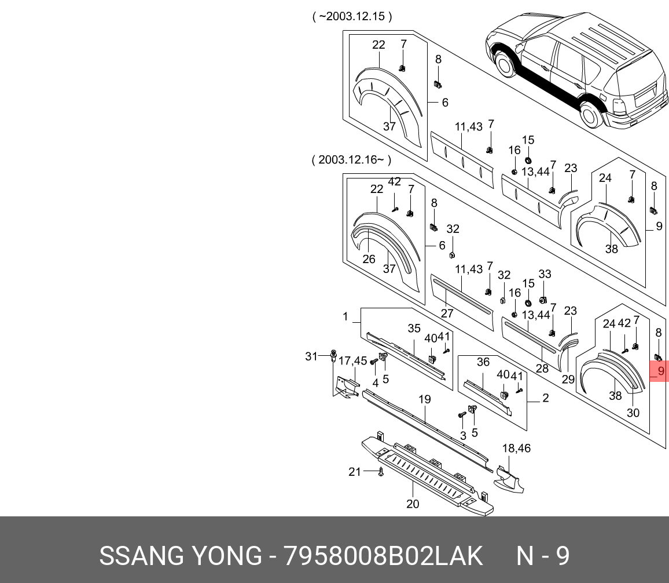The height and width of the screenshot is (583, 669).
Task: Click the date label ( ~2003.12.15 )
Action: point(352,17)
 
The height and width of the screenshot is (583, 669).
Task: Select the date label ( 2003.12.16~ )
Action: point(351,160)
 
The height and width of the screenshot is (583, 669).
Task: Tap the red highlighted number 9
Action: point(659,371)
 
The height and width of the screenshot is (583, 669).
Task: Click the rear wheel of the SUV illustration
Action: point(590,115)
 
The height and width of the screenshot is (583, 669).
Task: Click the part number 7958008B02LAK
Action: point(383,556)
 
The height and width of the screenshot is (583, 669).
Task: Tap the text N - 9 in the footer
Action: point(543,556)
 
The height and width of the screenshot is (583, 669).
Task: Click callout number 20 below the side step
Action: point(413,504)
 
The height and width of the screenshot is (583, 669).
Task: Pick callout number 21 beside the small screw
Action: point(355,472)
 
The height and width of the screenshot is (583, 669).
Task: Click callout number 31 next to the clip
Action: point(311,356)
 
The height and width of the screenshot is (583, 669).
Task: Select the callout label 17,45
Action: point(352,361)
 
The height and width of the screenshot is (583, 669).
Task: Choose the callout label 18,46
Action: point(516,448)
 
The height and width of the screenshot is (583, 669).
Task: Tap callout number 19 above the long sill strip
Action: point(425,399)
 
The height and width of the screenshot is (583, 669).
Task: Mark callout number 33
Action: point(545,274)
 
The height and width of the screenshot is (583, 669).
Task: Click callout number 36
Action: point(483,362)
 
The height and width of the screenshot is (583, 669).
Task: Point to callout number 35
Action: point(414,329)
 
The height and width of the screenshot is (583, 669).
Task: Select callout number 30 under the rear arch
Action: point(633,413)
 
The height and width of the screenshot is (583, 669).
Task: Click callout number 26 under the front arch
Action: point(369,259)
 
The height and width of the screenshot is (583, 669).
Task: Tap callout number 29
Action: point(568,379)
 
